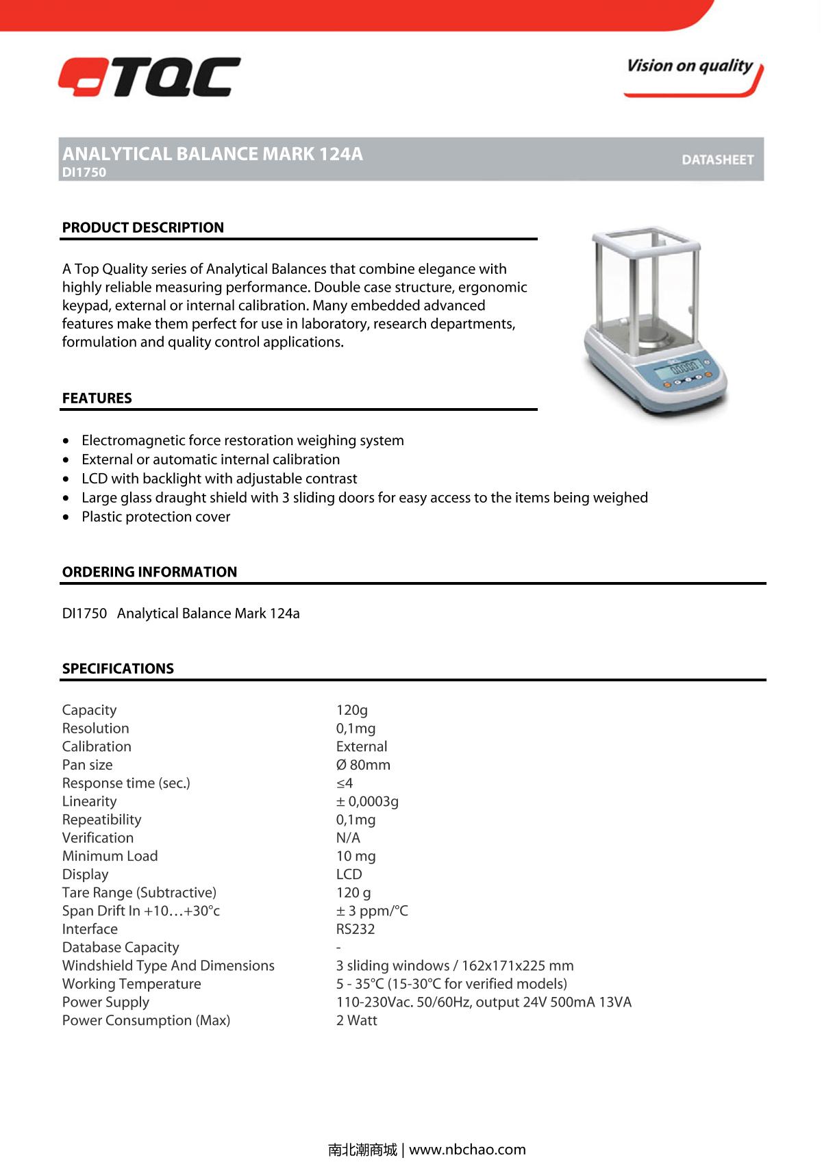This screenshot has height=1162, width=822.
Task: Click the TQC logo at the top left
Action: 149,77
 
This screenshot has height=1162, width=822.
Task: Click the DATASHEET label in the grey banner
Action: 717,160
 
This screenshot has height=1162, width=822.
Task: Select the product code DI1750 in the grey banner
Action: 84,173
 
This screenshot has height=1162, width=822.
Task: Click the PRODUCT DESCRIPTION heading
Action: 142,227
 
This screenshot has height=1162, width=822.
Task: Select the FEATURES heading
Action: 97,398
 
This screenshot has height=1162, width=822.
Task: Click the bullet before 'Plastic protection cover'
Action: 66,518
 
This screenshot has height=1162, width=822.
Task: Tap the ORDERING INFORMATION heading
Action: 149,572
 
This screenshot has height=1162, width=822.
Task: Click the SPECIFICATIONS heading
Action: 118,668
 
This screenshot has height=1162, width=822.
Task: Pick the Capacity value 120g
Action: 351,710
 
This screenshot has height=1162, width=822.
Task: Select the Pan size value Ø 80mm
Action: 363,765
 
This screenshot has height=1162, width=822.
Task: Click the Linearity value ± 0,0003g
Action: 367,801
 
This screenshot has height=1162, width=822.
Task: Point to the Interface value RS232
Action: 355,929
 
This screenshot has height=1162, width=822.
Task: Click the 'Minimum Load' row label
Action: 110,856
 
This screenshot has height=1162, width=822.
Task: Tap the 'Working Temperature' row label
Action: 132,984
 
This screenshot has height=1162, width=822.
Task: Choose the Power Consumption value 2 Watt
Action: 356,1020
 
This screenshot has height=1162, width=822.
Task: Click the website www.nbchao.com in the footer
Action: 467,1150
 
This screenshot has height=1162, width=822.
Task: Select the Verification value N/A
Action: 348,837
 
